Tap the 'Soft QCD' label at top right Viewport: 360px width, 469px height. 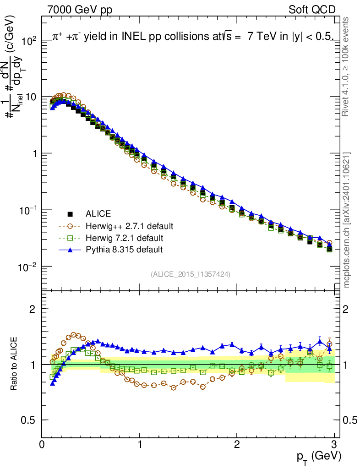pyautogui.click(x=311, y=10)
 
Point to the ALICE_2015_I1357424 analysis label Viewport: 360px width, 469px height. pyautogui.click(x=190, y=274)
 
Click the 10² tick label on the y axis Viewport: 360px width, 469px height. pyautogui.click(x=28, y=41)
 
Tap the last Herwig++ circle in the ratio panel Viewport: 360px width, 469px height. pyautogui.click(x=329, y=344)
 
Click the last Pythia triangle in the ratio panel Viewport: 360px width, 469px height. pyautogui.click(x=329, y=349)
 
